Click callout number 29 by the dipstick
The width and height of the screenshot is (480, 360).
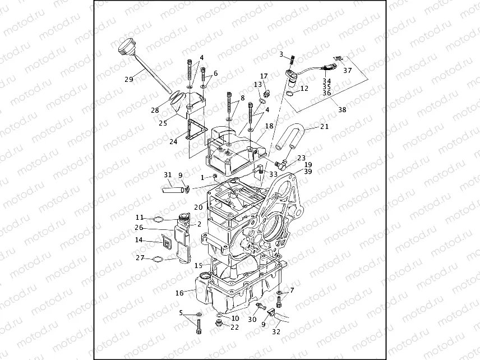pyautogui.click(x=128, y=79)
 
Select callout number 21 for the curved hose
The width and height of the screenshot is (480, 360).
pyautogui.click(x=324, y=127)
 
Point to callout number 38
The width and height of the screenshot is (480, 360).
pyautogui.click(x=341, y=110)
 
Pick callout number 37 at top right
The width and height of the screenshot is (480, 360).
pyautogui.click(x=348, y=70)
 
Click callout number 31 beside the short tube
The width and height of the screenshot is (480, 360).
pyautogui.click(x=168, y=175)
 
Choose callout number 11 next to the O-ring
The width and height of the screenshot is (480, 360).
pyautogui.click(x=140, y=217)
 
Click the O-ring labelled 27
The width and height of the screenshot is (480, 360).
pyautogui.click(x=158, y=259)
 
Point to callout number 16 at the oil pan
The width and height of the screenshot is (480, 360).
pyautogui.click(x=179, y=293)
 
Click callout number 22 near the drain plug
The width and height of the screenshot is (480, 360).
pyautogui.click(x=234, y=327)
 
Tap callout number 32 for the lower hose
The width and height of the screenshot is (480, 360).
pyautogui.click(x=276, y=331)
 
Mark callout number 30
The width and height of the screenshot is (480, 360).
pyautogui.click(x=252, y=319)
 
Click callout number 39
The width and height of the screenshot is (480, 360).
pyautogui.click(x=308, y=172)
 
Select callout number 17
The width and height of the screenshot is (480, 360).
pyautogui.click(x=264, y=76)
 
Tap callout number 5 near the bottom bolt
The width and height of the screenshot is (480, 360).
pyautogui.click(x=181, y=312)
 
